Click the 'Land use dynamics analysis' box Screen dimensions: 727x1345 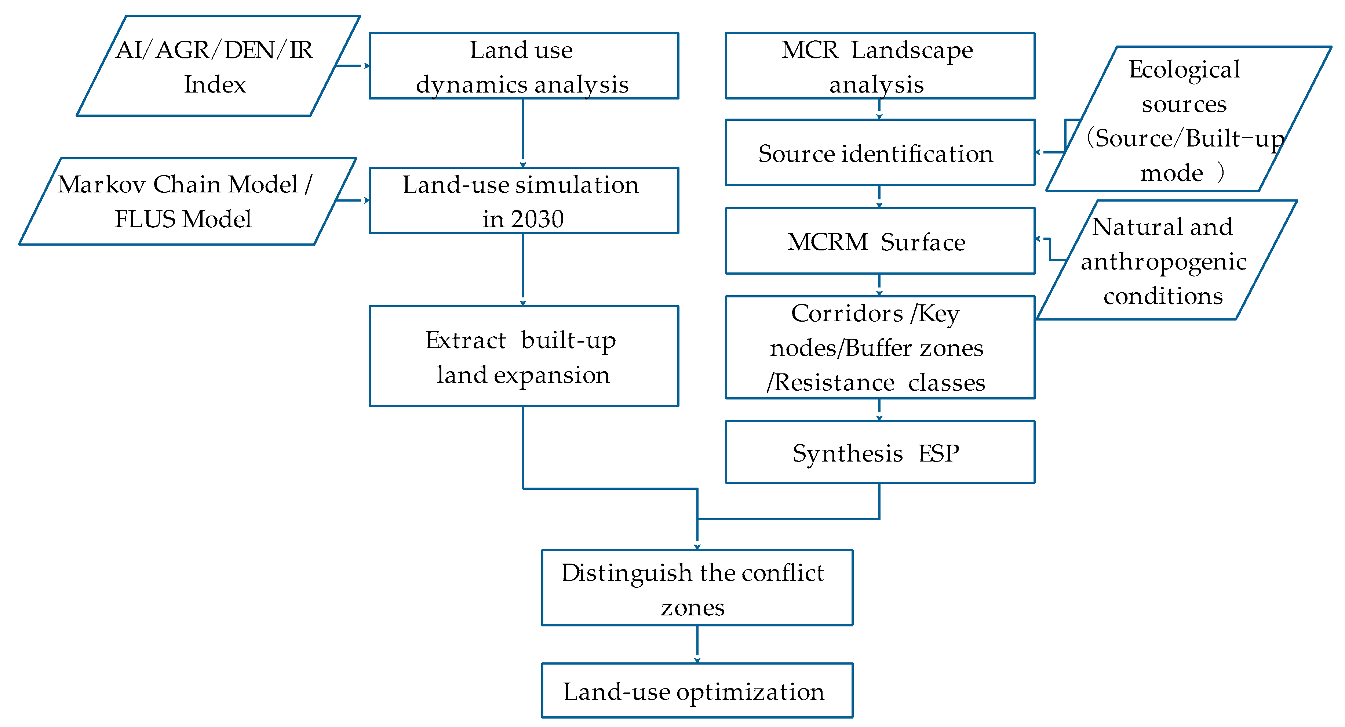click(523, 66)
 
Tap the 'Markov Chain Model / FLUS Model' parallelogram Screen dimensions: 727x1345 click(185, 201)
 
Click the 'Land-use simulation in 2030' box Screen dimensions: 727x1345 click(523, 201)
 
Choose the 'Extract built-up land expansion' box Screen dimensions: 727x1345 click(523, 357)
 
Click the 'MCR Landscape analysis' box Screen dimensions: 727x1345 click(879, 66)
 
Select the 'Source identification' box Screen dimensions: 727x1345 click(879, 153)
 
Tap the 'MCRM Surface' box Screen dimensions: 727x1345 click(879, 241)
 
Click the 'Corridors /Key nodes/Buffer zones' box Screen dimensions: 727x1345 click(879, 348)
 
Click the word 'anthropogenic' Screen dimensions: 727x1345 click(1163, 262)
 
